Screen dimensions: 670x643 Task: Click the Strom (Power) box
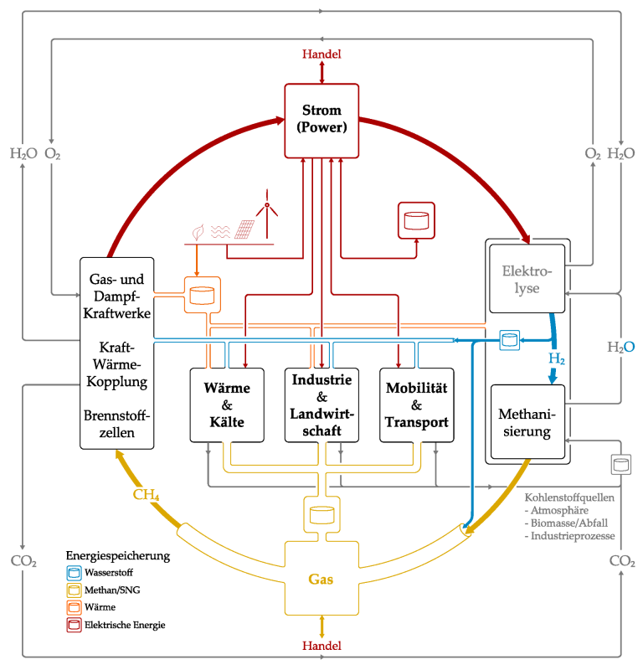coord(321,120)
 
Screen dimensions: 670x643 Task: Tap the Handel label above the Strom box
coord(321,54)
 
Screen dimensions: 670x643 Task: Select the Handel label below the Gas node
coord(321,646)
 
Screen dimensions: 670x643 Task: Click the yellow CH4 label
coord(147,495)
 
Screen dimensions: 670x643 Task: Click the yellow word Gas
coord(321,579)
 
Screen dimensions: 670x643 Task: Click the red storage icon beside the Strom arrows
coord(415,220)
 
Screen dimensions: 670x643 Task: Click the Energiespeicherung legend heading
coord(118,555)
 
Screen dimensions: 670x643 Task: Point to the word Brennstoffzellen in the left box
coord(118,425)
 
